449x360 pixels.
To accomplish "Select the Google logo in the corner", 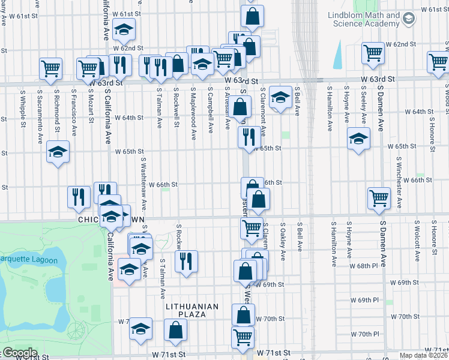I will click(19, 353).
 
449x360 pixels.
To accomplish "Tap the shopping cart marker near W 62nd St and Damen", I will click(373, 53).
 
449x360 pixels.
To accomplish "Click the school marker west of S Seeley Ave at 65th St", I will click(359, 139).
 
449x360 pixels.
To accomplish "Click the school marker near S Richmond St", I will click(58, 152).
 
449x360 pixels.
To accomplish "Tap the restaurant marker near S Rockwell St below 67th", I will click(187, 261).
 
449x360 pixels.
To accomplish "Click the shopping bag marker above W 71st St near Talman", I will click(175, 329).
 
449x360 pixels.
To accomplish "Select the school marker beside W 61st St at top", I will click(124, 29).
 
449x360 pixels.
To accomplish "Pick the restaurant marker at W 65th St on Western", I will click(248, 137).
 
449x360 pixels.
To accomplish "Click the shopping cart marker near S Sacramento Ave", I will click(50, 68).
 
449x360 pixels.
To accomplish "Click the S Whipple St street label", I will click(22, 109).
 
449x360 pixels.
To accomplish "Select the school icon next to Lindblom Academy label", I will click(409, 19).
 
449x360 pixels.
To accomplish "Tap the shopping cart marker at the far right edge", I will click(439, 61).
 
